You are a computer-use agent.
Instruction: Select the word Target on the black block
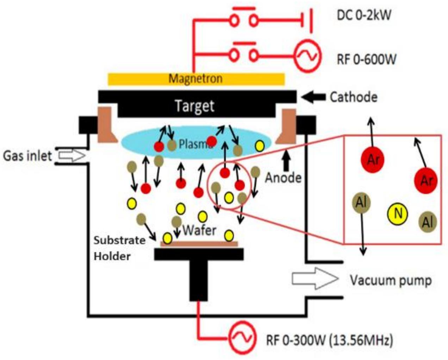tap(195, 106)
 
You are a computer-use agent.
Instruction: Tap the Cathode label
tap(353, 97)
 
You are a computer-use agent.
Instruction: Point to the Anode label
tap(283, 178)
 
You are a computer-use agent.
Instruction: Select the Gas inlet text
tap(27, 155)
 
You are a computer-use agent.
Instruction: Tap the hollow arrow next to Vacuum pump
tap(315, 279)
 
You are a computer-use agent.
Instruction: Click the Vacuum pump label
tap(390, 280)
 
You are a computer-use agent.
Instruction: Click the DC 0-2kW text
tap(364, 15)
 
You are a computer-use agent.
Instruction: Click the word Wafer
tap(199, 231)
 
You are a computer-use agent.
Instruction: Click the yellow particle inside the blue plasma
tap(260, 145)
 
